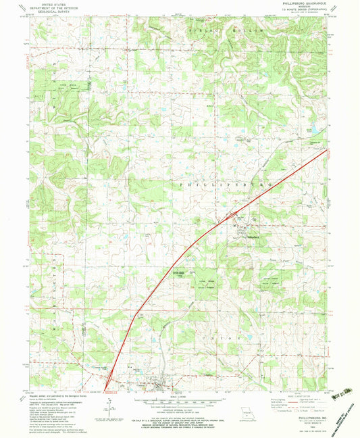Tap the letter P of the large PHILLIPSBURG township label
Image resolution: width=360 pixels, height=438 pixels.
[180, 183]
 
